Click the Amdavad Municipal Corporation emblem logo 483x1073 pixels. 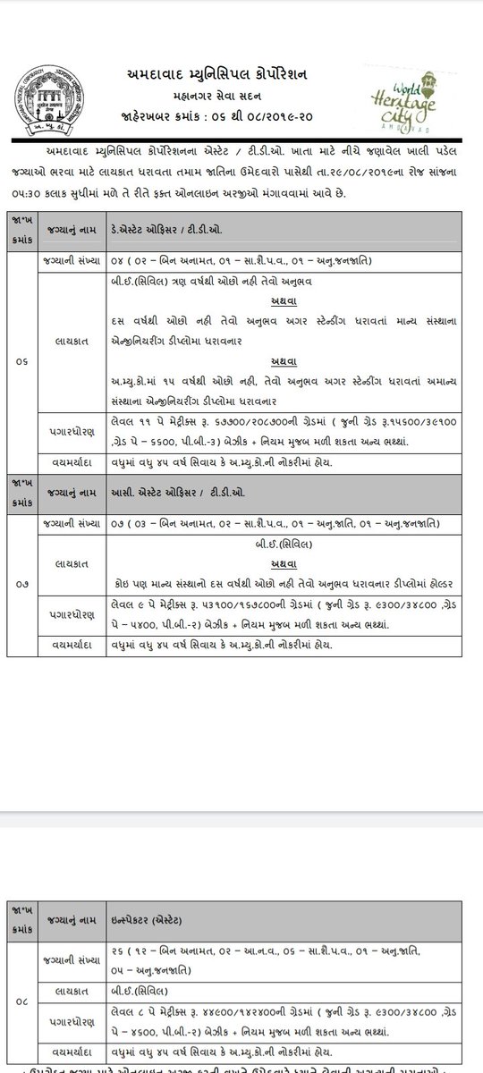pyautogui.click(x=39, y=97)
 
